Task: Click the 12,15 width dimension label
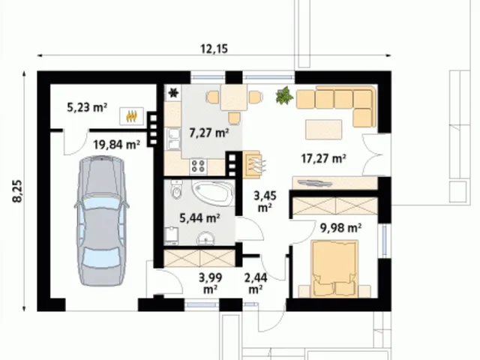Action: [214, 49]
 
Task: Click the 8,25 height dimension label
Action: [18, 191]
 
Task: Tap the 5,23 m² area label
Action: [87, 107]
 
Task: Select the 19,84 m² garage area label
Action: [117, 144]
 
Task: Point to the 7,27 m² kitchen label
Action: [209, 133]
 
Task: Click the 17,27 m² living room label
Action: [324, 158]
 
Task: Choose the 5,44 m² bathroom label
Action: [199, 218]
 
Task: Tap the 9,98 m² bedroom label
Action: [340, 228]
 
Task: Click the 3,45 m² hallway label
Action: [265, 202]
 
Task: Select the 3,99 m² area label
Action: [210, 283]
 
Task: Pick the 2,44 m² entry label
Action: [256, 283]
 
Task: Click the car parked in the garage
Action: [101, 220]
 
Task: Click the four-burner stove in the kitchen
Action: [198, 166]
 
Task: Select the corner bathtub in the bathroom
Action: [213, 193]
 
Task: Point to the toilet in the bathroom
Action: [177, 190]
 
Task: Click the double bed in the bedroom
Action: [334, 269]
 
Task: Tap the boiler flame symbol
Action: [132, 116]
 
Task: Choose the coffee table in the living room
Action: [323, 129]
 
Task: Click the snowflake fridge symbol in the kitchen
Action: [173, 93]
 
